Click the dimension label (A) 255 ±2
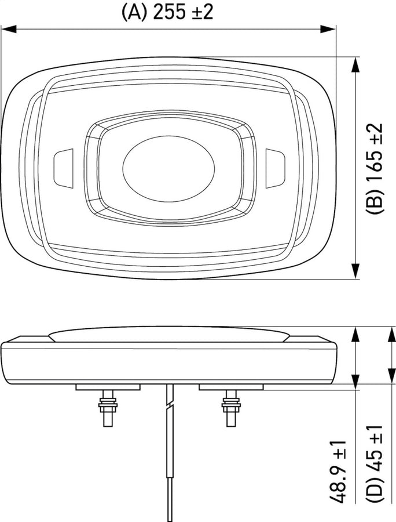coord(167,11)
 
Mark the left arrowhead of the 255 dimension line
coord(7,27)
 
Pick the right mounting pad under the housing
coord(229,386)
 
